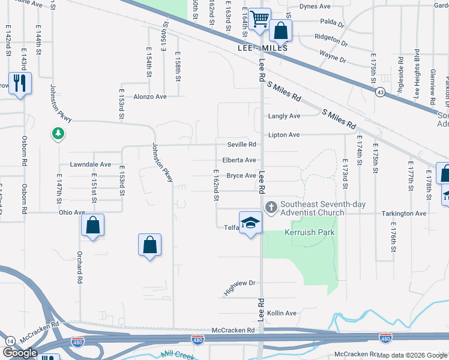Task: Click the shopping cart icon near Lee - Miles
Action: [259, 19]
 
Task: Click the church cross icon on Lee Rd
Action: [271, 208]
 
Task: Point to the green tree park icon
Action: [58, 133]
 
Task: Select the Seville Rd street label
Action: [241, 145]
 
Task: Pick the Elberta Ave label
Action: [240, 160]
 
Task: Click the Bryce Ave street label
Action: [241, 176]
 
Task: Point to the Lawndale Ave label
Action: [91, 164]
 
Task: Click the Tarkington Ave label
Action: [403, 213]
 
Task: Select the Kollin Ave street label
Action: [282, 313]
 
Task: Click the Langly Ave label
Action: [285, 116]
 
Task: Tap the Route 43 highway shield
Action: [381, 92]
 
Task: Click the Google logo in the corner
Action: [20, 353]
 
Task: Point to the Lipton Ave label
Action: [284, 135]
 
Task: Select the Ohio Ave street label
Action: [71, 212]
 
